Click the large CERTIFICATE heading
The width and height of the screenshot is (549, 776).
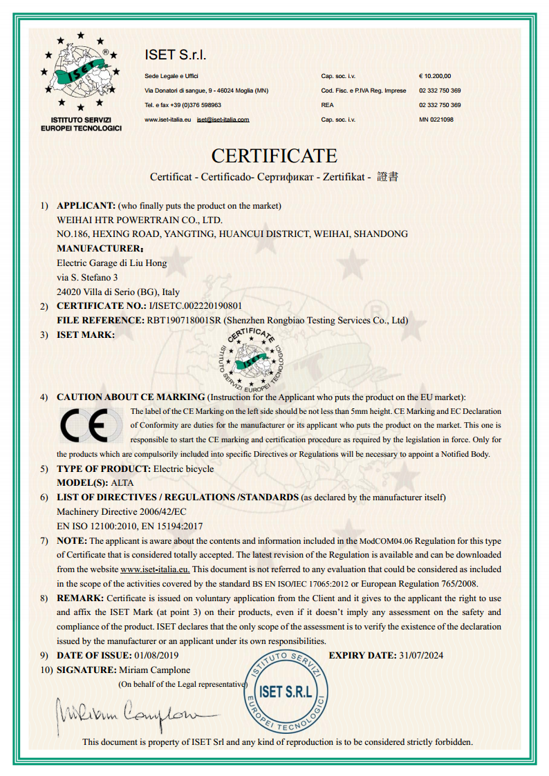click(274, 155)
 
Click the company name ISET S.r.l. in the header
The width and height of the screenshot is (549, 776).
click(176, 55)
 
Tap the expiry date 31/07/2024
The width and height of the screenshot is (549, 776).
click(421, 655)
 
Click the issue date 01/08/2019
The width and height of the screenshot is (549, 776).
click(157, 655)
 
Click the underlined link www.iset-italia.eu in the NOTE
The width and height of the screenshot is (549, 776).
click(155, 569)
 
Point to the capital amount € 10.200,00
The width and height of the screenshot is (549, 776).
click(435, 76)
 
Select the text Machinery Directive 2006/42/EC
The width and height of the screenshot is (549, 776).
click(121, 512)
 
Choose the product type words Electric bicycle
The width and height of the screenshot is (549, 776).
click(183, 469)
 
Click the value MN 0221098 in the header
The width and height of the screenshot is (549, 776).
click(436, 120)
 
